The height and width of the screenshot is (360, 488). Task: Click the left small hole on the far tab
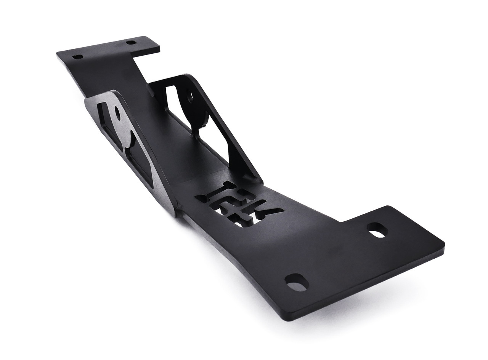pos(77,57)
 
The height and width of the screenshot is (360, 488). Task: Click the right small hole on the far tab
pos(131,42)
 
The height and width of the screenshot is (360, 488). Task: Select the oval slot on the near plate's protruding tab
pos(377,230)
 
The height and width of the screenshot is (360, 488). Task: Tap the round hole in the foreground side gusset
pos(117,113)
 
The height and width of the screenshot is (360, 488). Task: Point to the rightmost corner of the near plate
pos(444,242)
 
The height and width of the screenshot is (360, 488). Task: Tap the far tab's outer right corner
pos(159,48)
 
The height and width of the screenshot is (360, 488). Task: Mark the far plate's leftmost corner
pos(57,54)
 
